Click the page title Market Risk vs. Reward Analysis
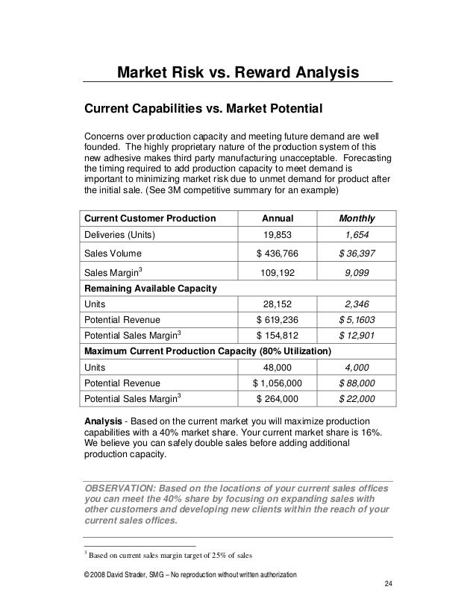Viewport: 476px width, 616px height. [237, 72]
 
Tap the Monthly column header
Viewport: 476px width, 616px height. [357, 219]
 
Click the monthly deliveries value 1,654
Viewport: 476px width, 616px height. [357, 236]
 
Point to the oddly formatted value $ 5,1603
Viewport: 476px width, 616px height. [357, 321]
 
